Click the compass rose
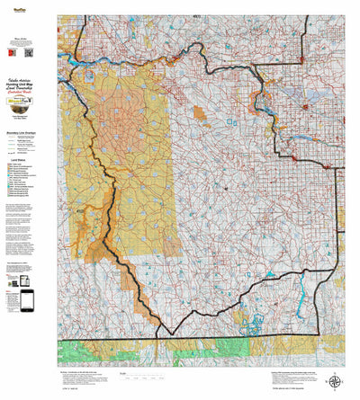pos(334,382)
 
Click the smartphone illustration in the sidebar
pos(27,300)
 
